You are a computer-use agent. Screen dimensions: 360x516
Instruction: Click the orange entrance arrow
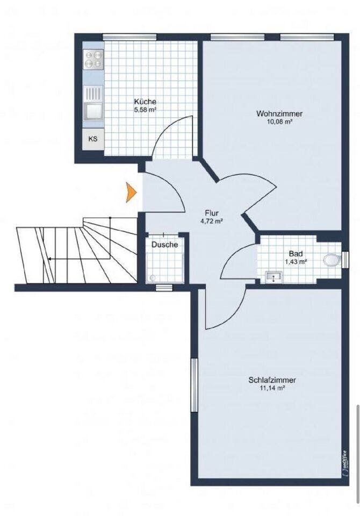pyautogui.click(x=131, y=192)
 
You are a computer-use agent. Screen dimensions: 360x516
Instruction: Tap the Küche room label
pyautogui.click(x=145, y=102)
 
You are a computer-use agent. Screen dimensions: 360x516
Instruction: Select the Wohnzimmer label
pyautogui.click(x=279, y=114)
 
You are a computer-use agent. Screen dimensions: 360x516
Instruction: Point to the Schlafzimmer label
pyautogui.click(x=272, y=380)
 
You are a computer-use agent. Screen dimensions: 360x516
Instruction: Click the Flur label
pyautogui.click(x=212, y=213)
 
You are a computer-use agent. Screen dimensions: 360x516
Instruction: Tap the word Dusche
pyautogui.click(x=164, y=245)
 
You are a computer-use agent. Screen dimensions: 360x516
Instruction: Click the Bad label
pyautogui.click(x=296, y=254)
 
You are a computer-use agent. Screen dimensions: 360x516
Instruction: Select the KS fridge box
pyautogui.click(x=93, y=139)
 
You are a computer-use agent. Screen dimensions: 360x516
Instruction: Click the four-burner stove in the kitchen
pyautogui.click(x=93, y=59)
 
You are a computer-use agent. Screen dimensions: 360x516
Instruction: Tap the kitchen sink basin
pyautogui.click(x=93, y=111)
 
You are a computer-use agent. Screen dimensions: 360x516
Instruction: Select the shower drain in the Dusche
pyautogui.click(x=152, y=278)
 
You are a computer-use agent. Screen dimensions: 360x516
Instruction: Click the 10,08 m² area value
pyautogui.click(x=280, y=121)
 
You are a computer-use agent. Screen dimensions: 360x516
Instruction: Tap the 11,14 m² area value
pyautogui.click(x=272, y=388)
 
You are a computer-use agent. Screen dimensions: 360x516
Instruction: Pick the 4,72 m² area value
pyautogui.click(x=212, y=221)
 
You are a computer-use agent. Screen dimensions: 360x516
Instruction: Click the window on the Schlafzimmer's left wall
pyautogui.click(x=194, y=385)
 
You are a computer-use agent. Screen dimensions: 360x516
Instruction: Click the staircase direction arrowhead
pyautogui.click(x=49, y=259)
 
